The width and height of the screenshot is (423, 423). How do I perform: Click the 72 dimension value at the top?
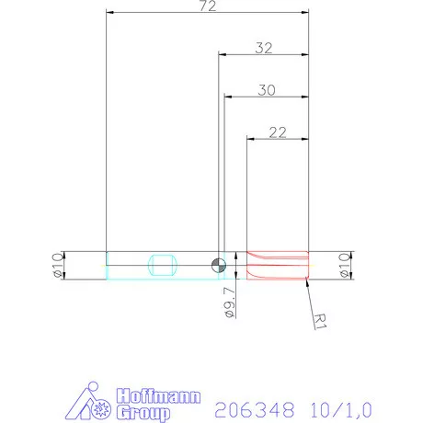click(207, 6)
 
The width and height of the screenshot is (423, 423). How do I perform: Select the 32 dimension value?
click(263, 48)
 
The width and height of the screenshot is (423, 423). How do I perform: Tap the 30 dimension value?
click(266, 90)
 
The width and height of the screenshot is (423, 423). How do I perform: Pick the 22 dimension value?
click(277, 132)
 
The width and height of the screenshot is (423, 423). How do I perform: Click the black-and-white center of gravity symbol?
click(219, 266)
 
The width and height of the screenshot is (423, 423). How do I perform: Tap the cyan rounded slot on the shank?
click(162, 265)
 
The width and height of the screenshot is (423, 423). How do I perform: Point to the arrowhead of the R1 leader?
click(304, 280)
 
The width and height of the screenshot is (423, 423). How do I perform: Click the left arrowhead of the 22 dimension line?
click(251, 139)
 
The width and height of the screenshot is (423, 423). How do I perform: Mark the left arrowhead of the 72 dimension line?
click(109, 13)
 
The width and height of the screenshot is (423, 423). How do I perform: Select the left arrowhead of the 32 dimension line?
click(221, 54)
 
